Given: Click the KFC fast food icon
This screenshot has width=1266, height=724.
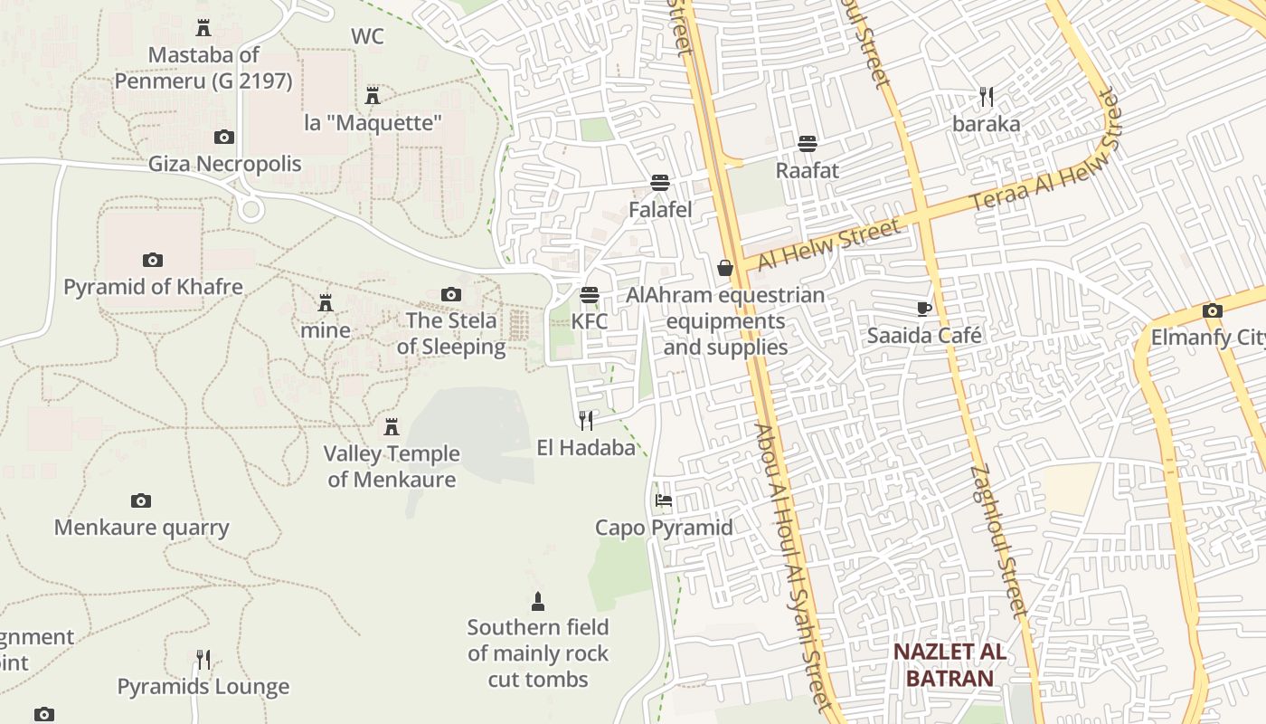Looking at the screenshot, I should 590,295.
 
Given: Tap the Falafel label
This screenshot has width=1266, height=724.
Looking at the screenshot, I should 660,210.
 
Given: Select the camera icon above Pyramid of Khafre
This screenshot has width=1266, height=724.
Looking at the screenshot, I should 153,261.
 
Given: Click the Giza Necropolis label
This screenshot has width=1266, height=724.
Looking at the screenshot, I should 224,165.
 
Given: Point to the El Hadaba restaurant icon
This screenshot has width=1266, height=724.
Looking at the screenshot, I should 586,420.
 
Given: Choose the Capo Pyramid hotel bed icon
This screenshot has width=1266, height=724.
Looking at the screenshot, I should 663,500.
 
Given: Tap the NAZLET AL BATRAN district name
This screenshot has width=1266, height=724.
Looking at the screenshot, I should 949,665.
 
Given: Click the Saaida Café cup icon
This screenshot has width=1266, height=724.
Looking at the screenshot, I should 923,310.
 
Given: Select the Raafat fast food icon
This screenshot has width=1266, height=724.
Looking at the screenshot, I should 808,144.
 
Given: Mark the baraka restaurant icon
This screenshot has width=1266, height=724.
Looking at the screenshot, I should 987,97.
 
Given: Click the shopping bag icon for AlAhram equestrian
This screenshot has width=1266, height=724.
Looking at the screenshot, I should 724,268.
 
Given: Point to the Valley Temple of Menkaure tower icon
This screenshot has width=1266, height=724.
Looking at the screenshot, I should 392,427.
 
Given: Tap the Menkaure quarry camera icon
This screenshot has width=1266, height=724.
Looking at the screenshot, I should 140,501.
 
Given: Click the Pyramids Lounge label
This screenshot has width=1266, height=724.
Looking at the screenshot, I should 203,687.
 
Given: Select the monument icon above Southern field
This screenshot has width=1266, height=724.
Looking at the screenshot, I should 538,601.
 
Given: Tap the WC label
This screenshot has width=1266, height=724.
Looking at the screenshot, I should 367,37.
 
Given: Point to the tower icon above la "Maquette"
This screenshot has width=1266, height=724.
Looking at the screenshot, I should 372,95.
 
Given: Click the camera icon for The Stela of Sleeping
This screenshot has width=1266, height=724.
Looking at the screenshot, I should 450,294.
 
